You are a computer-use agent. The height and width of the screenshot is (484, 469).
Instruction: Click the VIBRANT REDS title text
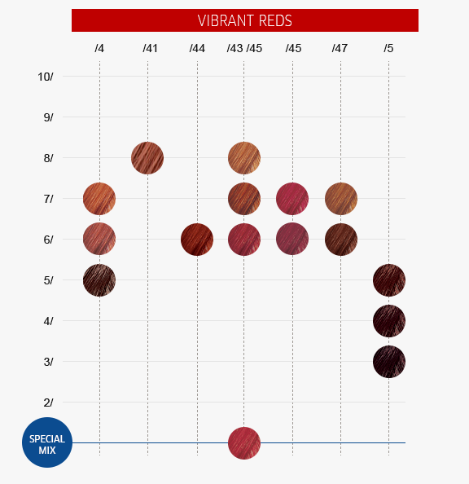(245, 20)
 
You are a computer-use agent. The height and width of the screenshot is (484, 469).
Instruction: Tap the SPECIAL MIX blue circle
(47, 442)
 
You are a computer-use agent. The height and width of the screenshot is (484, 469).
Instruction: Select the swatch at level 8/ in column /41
(147, 158)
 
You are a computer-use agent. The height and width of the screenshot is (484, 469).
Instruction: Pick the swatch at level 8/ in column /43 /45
(244, 158)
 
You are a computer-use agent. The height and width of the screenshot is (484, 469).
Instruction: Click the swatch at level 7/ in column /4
(99, 199)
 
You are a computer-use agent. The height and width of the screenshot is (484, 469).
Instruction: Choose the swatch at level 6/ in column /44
(197, 240)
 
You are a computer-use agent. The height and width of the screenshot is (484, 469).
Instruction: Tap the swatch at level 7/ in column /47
(341, 199)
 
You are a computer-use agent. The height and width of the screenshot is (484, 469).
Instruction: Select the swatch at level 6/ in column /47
(341, 240)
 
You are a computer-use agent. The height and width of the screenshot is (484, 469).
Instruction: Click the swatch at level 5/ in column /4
(99, 280)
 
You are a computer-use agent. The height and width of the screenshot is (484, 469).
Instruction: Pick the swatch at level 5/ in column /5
(389, 280)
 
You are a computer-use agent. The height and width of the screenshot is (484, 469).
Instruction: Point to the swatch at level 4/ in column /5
(389, 321)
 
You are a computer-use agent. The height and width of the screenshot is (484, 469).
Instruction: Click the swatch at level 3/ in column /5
(389, 362)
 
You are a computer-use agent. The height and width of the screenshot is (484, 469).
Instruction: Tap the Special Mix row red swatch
(244, 443)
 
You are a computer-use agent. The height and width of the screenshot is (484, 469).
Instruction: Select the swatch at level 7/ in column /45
(292, 199)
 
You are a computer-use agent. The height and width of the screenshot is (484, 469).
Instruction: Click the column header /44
(197, 48)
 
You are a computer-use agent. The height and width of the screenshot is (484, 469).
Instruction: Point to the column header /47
(340, 48)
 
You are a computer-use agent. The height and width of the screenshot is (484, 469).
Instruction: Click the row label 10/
(46, 77)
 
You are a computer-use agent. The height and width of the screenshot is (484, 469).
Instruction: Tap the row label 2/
(48, 403)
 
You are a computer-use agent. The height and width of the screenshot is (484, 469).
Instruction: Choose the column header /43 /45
(244, 48)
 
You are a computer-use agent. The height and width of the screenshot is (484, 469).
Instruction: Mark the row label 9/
(48, 117)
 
